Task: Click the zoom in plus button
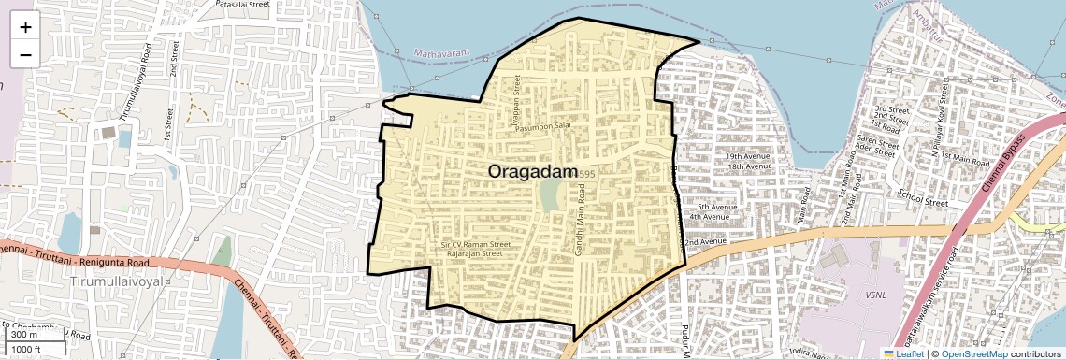click(25, 26)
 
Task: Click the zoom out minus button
click(25, 54)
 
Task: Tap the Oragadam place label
click(530, 172)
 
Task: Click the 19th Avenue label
click(746, 156)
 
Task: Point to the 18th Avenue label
click(748, 166)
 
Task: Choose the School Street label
click(923, 197)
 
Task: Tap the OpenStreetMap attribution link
click(974, 353)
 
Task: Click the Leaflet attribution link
click(904, 353)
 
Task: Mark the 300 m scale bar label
click(25, 335)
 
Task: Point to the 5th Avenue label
click(716, 207)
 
